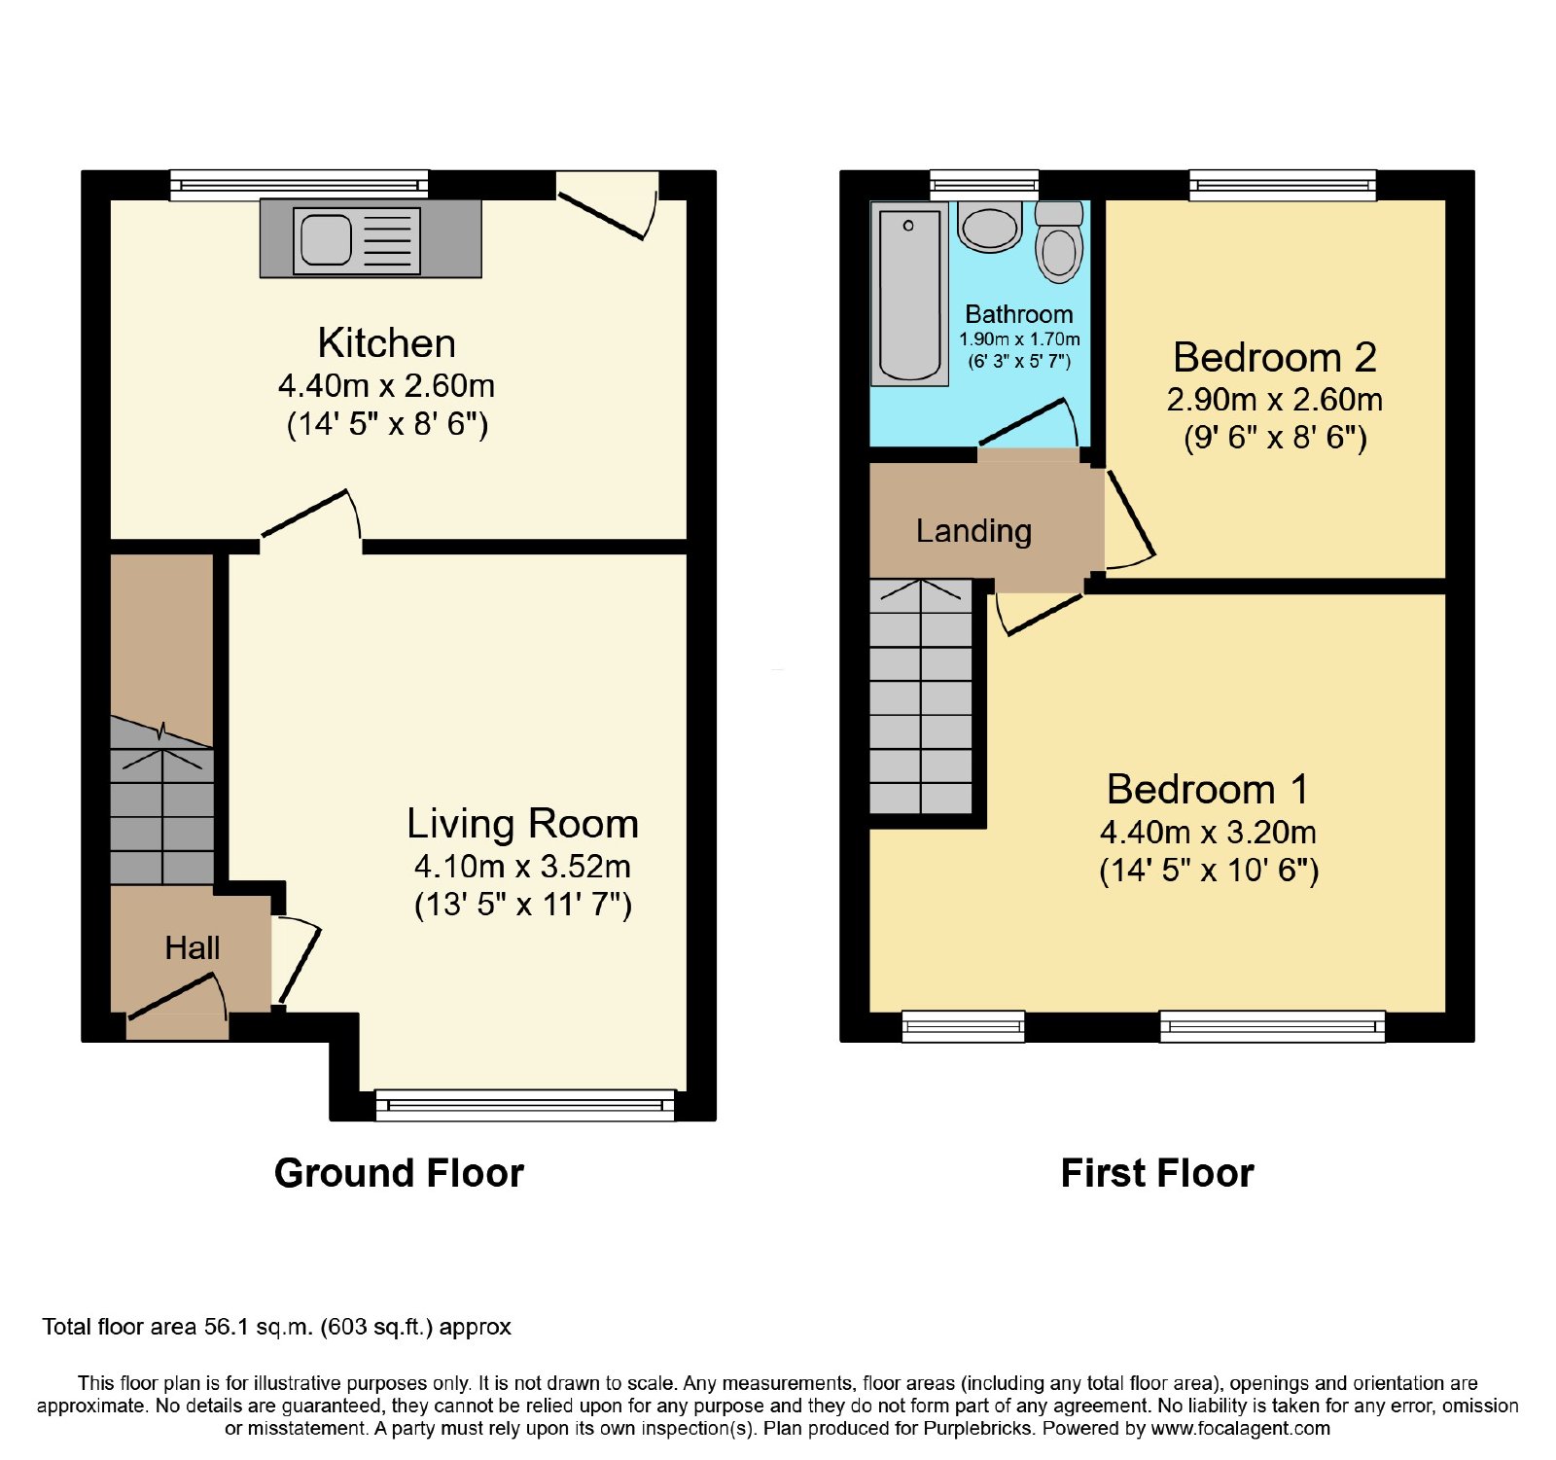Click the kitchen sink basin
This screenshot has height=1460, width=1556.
tap(326, 239)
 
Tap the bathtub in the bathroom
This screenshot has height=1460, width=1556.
tap(909, 294)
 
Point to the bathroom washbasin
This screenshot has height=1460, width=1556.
tap(990, 227)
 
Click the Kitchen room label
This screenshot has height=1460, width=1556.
tap(386, 343)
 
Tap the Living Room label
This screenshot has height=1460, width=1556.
tap(522, 824)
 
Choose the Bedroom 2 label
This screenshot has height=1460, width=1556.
tap(1275, 357)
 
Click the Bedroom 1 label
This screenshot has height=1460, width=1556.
tap(1208, 789)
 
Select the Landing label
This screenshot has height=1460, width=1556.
tap(973, 531)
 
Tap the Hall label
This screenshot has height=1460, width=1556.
tap(193, 947)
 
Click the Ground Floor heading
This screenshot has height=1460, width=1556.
tap(399, 1173)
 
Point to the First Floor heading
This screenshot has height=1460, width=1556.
tap(1157, 1173)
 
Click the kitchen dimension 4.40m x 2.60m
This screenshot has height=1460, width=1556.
tap(386, 386)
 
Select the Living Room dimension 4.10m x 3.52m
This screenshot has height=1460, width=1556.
tap(522, 866)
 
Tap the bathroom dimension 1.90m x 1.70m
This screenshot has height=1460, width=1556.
tap(1019, 339)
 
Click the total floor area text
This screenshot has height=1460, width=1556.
tap(276, 1327)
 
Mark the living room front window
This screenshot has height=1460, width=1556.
tap(524, 1105)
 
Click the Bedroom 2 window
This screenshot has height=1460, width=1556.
tap(1283, 185)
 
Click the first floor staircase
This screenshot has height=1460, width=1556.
tap(920, 696)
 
